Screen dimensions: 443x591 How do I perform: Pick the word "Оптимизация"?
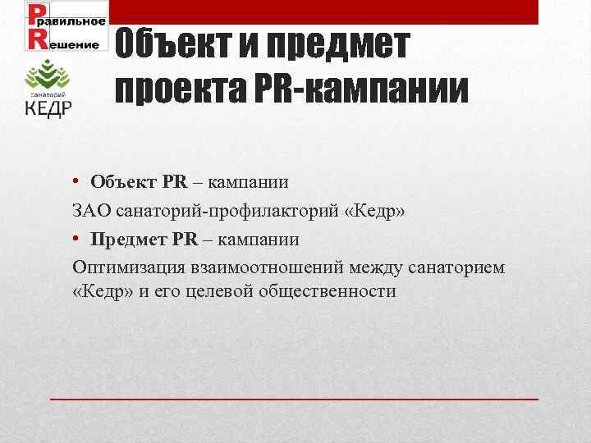point(128,267)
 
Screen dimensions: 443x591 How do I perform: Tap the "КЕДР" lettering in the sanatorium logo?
point(48,109)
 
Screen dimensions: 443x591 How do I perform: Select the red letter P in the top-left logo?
point(36,16)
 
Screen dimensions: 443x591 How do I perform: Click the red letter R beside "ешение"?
point(37,42)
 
